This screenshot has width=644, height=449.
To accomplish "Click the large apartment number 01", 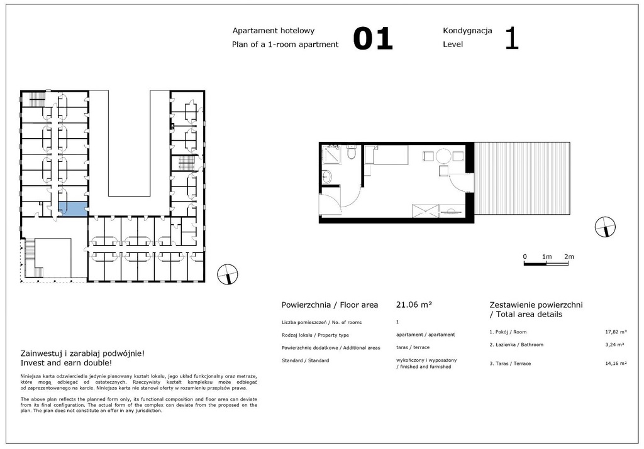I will tap(372, 38).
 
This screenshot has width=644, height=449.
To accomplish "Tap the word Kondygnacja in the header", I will tap(467, 30).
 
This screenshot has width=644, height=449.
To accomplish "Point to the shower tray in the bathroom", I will tap(331, 154).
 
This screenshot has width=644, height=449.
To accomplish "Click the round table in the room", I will tap(444, 156).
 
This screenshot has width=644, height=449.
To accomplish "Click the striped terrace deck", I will tap(522, 178).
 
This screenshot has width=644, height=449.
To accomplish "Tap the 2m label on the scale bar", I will tap(569, 256).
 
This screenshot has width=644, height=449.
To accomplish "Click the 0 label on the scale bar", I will tap(525, 256).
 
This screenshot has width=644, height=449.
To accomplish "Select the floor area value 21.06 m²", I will tap(413, 305).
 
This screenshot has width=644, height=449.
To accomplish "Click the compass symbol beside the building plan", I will tap(227, 274).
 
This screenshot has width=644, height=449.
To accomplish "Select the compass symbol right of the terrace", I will tap(605, 227).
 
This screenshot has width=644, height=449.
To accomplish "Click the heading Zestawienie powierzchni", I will tap(535, 305).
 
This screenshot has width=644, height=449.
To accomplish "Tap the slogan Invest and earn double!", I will tap(67, 362).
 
